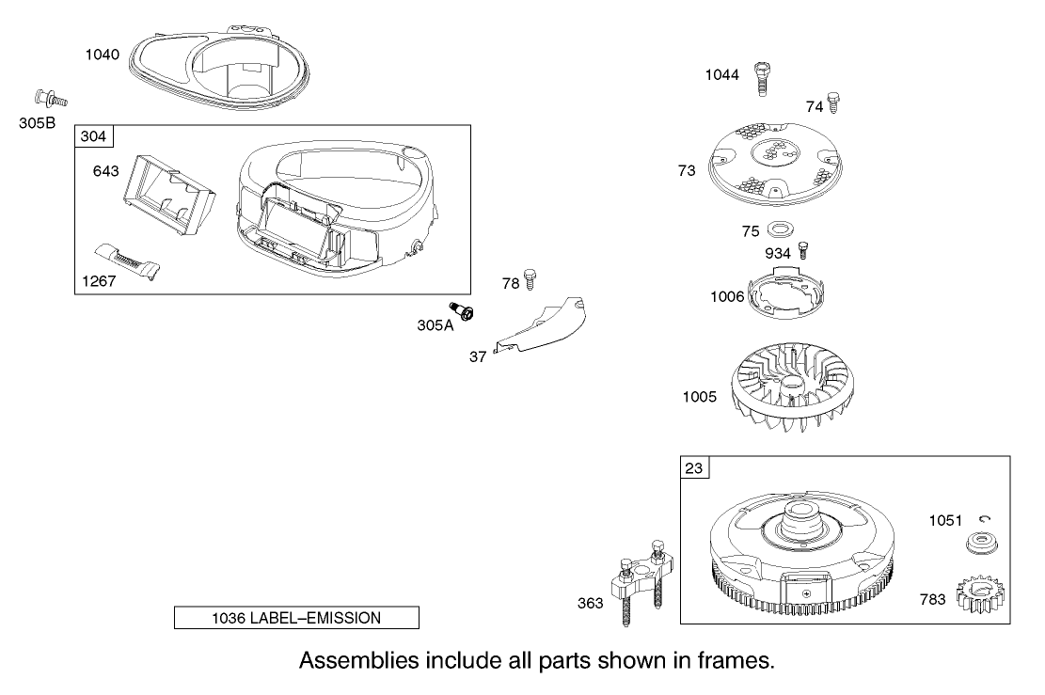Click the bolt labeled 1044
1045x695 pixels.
point(761,81)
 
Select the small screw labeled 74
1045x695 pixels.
point(833,102)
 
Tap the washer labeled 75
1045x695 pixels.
point(780,229)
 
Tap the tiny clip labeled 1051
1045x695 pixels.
point(984,519)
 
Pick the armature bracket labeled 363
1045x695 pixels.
point(638,587)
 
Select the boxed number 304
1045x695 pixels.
point(93,137)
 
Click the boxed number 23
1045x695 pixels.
point(693,467)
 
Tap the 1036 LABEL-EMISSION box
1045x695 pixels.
point(296,618)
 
